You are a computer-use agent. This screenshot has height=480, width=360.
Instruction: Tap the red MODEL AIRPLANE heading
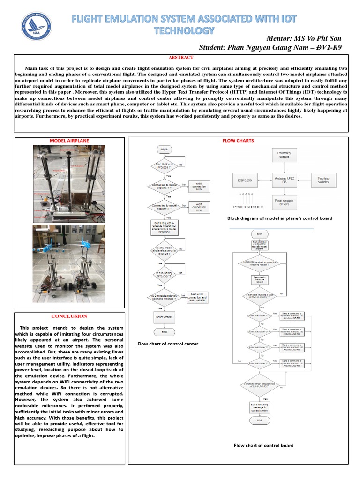pyautogui.click(x=69, y=140)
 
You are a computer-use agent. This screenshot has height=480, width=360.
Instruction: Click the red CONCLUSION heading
pyautogui.click(x=69, y=316)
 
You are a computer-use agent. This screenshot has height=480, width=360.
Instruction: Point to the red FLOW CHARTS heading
pyautogui.click(x=238, y=140)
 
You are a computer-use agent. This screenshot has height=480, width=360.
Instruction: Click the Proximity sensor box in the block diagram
pyautogui.click(x=284, y=155)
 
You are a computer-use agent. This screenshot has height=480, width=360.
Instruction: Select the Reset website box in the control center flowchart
pyautogui.click(x=165, y=317)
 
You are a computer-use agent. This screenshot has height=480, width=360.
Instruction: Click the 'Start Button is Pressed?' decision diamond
pyautogui.click(x=164, y=166)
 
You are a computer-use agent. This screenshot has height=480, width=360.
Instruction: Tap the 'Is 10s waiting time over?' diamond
pyautogui.click(x=164, y=274)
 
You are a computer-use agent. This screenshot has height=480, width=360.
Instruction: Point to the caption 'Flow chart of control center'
pyautogui.click(x=168, y=344)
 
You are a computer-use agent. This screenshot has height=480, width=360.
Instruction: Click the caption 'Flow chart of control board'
pyautogui.click(x=264, y=445)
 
